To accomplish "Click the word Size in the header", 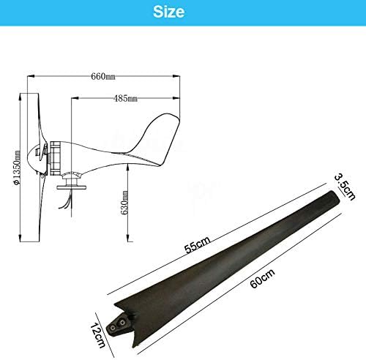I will [169, 12].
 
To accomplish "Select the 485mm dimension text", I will [125, 99].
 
